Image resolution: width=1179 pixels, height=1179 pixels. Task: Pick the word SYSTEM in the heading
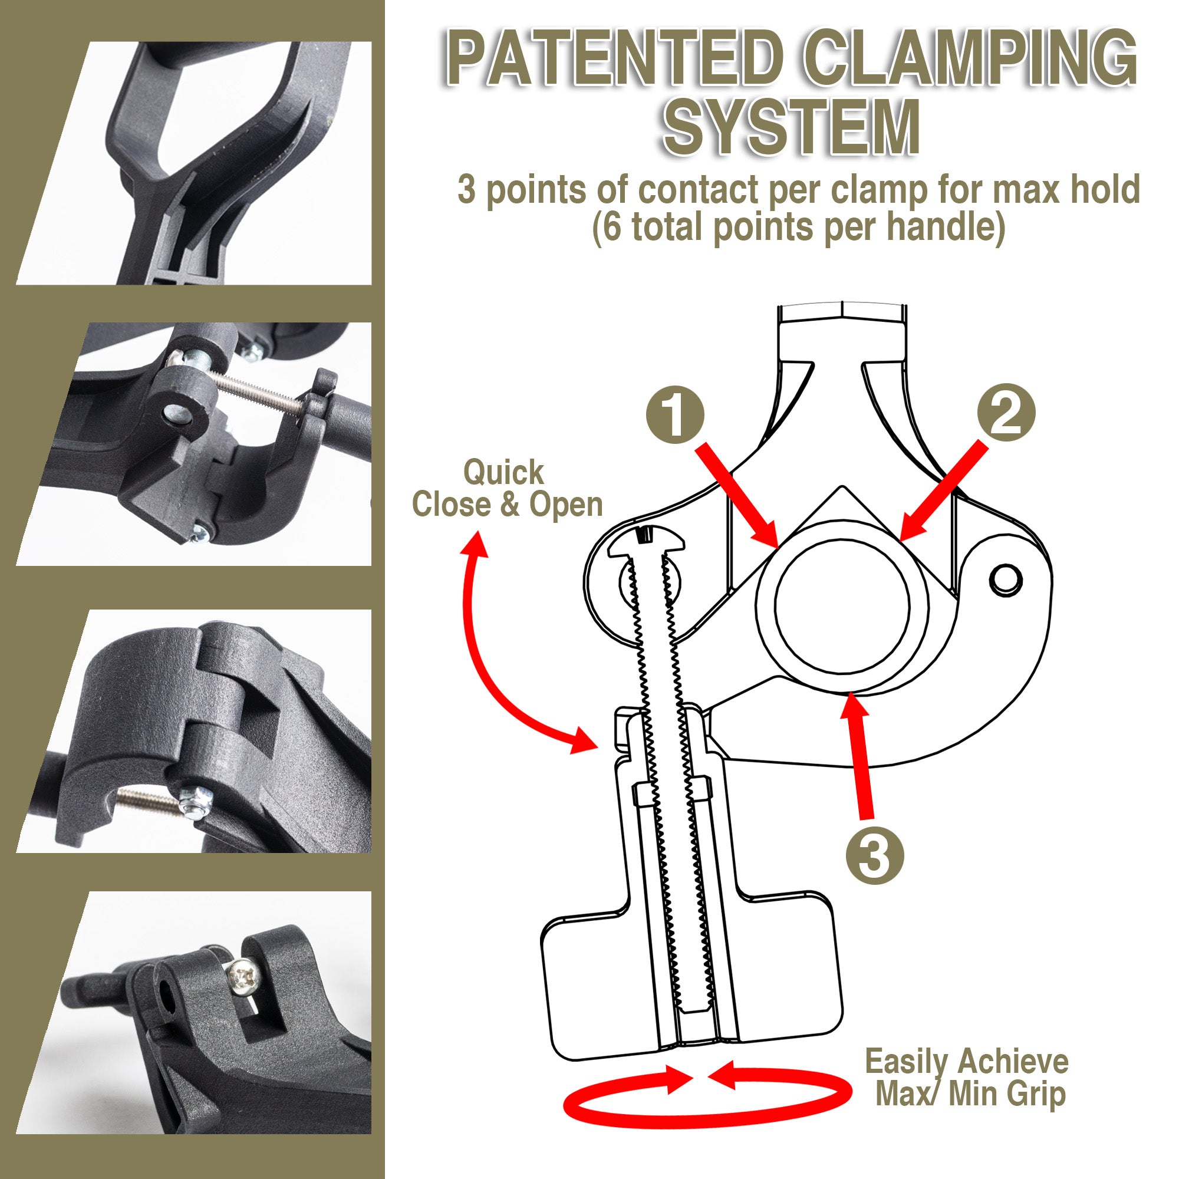pos(792,129)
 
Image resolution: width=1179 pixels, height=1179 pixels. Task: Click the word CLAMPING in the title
pos(969,61)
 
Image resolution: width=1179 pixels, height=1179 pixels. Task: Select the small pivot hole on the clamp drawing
pos(1005,579)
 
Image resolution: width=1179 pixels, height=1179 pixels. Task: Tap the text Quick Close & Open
pos(506,489)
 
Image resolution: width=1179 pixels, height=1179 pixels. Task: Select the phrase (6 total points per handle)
pos(798,227)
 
